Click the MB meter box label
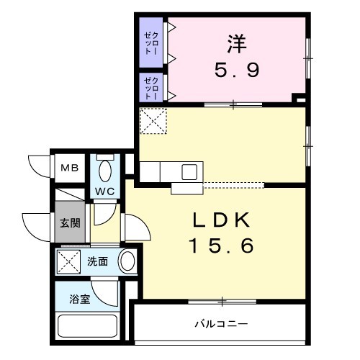coord(70,168)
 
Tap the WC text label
coord(104,192)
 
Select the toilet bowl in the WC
coord(105,171)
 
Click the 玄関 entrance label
coord(70,223)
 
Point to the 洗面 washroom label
coord(97,261)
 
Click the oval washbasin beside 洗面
coord(127,261)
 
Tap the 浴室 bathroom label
coord(80,299)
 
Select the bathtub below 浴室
coord(88,326)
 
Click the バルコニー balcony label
coord(221,324)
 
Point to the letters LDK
coord(221,220)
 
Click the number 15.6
coord(221,246)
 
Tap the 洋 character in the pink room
coord(237,44)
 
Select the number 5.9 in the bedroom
coord(237,70)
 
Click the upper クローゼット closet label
coord(151,43)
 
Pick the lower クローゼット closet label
coord(151,88)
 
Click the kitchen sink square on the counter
coord(189,172)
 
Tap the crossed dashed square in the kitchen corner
coord(153,121)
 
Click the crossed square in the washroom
coord(68,262)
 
